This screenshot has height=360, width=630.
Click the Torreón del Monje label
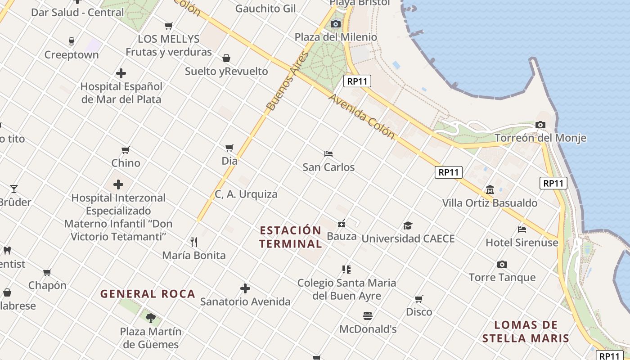click(540, 138)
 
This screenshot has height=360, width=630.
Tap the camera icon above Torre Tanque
click(502, 264)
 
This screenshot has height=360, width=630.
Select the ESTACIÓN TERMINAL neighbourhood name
click(291, 237)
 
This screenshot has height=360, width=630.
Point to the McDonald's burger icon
click(368, 315)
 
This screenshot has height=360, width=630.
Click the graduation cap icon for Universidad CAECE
click(408, 225)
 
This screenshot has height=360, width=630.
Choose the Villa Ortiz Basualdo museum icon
click(490, 190)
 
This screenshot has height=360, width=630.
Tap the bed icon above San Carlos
click(328, 154)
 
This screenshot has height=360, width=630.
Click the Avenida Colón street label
click(361, 116)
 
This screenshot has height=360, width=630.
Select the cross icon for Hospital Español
click(121, 73)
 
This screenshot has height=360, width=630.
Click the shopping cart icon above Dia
click(229, 148)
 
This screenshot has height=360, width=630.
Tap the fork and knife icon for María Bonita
click(194, 242)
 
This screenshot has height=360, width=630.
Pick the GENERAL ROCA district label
click(148, 294)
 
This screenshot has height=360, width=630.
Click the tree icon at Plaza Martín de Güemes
click(151, 318)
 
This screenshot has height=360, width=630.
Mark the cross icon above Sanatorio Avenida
click(245, 288)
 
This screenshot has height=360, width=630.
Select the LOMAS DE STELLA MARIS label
click(526, 332)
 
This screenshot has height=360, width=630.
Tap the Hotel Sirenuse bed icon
click(522, 229)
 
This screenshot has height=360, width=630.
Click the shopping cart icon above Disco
click(419, 299)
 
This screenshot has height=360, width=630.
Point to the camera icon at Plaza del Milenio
click(336, 24)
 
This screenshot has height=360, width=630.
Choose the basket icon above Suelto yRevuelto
click(226, 58)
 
